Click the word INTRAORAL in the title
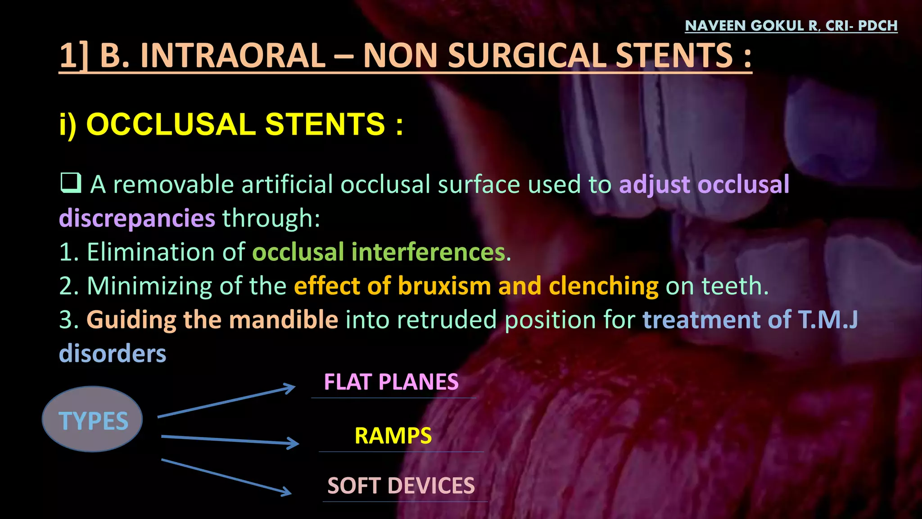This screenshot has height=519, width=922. coord(233,56)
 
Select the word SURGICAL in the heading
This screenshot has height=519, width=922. coord(527,56)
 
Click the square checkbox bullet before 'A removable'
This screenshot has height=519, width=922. coord(71,183)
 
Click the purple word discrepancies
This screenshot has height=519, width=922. coord(137,219)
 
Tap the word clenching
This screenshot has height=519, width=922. coord(604,286)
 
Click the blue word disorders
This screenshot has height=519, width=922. coord(113,354)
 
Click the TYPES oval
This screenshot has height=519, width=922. coord(93,419)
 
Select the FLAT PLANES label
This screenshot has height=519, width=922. coord(391,382)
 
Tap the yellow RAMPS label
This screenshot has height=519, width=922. coord(393,436)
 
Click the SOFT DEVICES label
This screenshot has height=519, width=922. coord(401,486)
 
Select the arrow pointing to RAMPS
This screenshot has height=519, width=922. coord(230,440)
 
